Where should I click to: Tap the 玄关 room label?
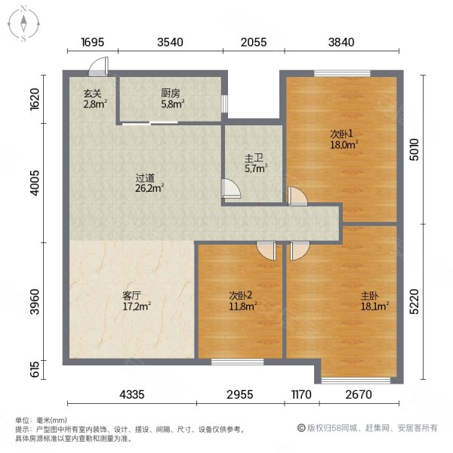pos(92,94)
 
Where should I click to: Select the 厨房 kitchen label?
pos(171,94)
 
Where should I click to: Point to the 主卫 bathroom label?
pos(253,158)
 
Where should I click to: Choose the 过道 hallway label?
pos(145,179)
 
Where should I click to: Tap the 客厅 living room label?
pos(132,295)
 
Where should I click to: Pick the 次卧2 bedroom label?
pos(240,295)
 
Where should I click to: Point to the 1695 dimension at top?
pos(93,43)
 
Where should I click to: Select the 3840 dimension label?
pos(341,43)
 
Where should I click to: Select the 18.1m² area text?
pos(375,306)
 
